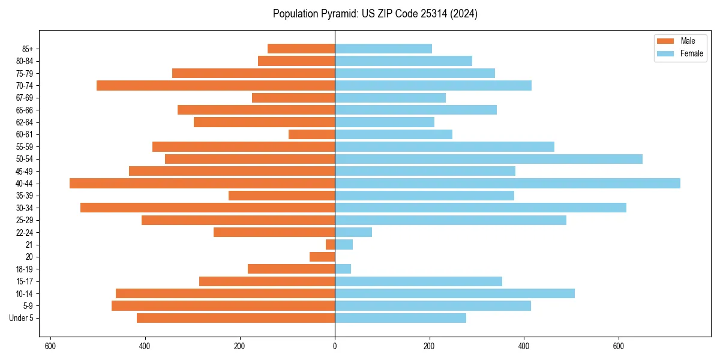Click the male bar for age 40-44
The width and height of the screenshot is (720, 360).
tap(202, 184)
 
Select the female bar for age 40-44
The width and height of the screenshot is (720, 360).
tap(508, 184)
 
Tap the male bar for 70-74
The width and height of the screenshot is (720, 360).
tap(216, 86)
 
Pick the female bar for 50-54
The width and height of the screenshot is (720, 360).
tap(488, 159)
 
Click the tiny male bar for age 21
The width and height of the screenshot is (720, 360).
tap(331, 245)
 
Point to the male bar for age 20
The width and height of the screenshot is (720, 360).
tap(322, 257)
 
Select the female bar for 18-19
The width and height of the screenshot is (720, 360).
tap(343, 269)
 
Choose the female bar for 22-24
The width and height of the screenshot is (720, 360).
tap(353, 232)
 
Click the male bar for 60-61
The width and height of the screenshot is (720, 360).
tap(312, 134)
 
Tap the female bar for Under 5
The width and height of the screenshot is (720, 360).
tap(401, 318)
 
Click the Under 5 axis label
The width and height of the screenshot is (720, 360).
tap(22, 318)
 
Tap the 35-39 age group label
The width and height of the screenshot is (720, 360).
tap(28, 196)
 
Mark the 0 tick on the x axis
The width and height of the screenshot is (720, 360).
tap(335, 346)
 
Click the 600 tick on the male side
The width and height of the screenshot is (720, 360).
tap(50, 346)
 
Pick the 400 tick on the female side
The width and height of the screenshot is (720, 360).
tap(524, 346)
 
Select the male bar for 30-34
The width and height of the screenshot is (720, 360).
tap(208, 208)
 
